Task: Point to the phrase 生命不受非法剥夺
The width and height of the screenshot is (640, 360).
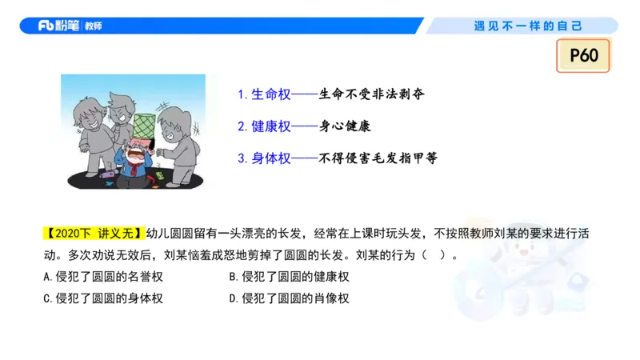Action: click(x=371, y=94)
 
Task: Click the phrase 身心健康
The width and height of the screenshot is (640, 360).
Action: click(x=346, y=126)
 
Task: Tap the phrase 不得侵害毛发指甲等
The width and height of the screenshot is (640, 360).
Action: click(x=378, y=158)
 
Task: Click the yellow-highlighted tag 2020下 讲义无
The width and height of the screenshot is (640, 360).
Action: click(x=93, y=234)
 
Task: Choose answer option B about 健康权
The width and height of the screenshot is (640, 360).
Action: click(x=289, y=277)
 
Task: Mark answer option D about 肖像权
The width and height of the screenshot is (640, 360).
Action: click(x=289, y=298)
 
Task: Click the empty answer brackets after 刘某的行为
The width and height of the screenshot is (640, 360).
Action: click(x=441, y=256)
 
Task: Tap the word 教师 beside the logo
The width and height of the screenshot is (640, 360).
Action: click(x=93, y=26)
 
